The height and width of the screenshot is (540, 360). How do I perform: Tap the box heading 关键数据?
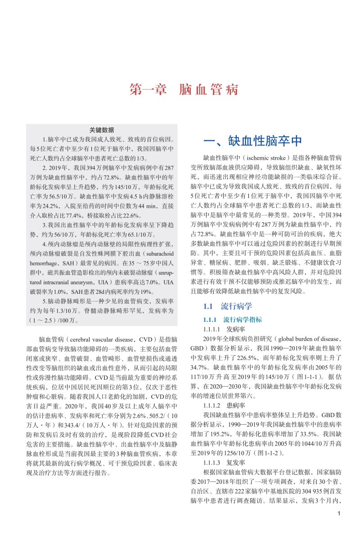(x=102, y=130)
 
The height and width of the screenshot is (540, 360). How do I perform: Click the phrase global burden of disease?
(x=307, y=339)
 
